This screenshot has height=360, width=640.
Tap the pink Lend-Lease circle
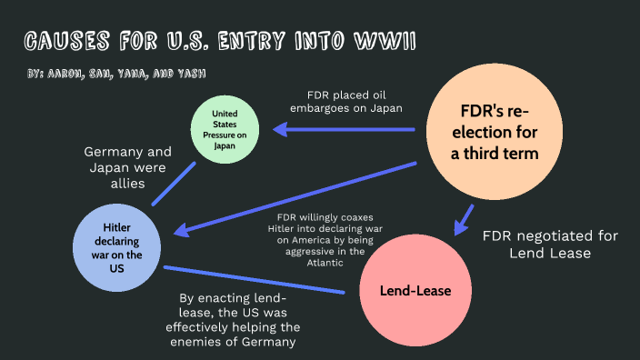pyautogui.click(x=415, y=291)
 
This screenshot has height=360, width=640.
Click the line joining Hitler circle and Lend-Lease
pyautogui.click(x=255, y=280)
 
